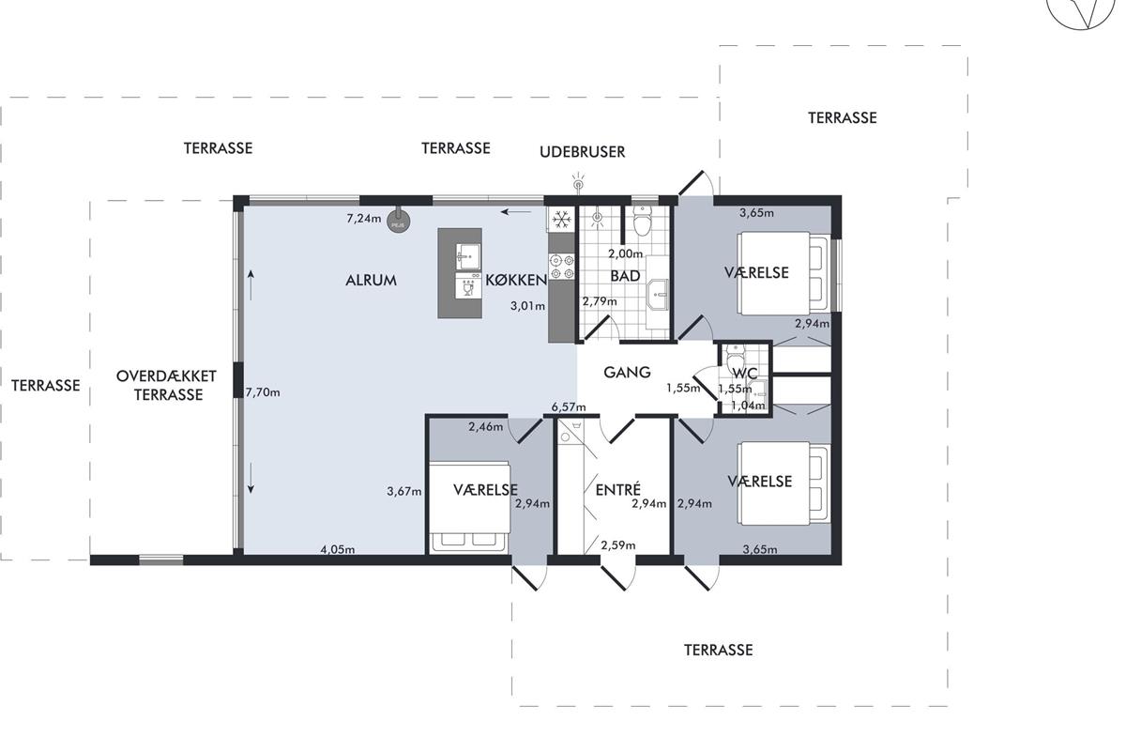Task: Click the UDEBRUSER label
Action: click(x=582, y=152)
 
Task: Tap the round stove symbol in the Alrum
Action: click(x=398, y=222)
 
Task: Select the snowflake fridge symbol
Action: click(x=561, y=220)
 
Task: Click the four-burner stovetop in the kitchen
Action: click(x=562, y=267)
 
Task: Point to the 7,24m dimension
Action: click(x=364, y=219)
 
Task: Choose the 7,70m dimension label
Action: click(x=263, y=392)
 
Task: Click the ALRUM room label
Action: click(x=371, y=280)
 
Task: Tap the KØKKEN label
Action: click(x=516, y=280)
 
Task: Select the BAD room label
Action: click(x=625, y=276)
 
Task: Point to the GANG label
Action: click(x=627, y=373)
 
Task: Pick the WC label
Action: click(x=745, y=374)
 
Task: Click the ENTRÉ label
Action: click(x=618, y=489)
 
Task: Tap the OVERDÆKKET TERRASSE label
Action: click(x=166, y=385)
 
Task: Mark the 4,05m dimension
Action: click(x=337, y=550)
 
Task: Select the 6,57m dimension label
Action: click(x=569, y=406)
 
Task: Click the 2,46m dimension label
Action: click(x=486, y=427)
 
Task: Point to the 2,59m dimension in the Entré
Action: click(x=617, y=545)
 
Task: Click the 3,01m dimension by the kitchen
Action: click(x=527, y=306)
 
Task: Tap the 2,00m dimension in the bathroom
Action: click(x=625, y=254)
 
